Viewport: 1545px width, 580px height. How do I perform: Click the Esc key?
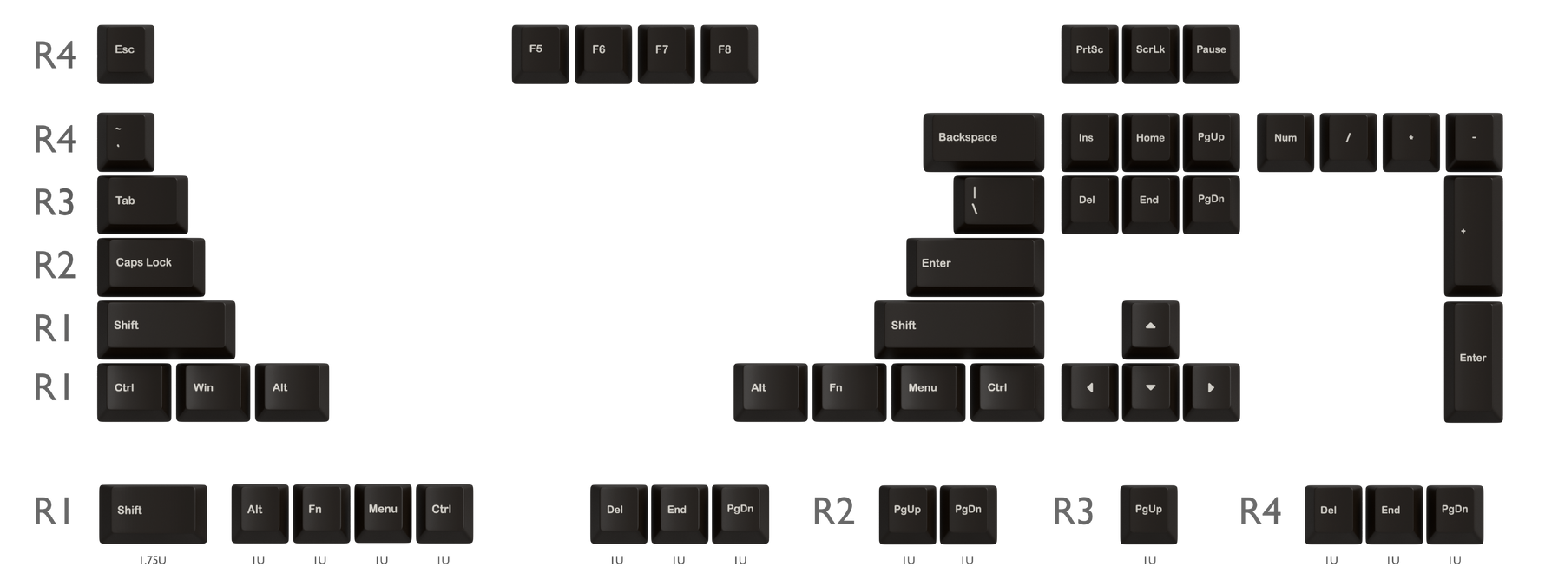(x=126, y=54)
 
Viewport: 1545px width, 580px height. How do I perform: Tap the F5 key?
(x=540, y=54)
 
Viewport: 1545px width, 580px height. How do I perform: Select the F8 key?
(x=729, y=54)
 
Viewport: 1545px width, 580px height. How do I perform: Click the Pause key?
(x=1211, y=54)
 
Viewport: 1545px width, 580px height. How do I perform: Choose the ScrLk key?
(x=1150, y=54)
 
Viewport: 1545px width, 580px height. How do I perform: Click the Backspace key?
(x=983, y=142)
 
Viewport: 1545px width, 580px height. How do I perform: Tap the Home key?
(x=1150, y=142)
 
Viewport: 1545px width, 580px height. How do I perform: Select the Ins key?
(x=1089, y=142)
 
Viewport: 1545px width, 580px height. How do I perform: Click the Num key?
(x=1285, y=142)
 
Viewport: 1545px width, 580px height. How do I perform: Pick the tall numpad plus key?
(x=1473, y=236)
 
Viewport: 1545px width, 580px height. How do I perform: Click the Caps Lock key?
(x=151, y=267)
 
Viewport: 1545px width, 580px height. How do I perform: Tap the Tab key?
(x=142, y=205)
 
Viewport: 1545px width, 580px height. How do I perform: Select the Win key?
(x=213, y=392)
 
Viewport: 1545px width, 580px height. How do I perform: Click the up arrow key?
(x=1150, y=330)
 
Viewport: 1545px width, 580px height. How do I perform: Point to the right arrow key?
(x=1211, y=392)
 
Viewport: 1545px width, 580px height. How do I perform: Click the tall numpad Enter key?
(x=1473, y=362)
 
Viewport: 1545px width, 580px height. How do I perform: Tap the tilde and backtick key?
(x=126, y=142)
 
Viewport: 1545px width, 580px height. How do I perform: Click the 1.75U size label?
(x=153, y=560)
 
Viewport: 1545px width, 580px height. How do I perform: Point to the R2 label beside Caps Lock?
(x=55, y=266)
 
